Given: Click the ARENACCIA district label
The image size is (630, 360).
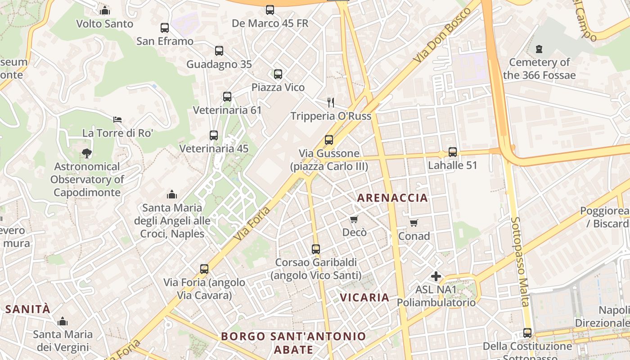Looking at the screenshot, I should click(392, 198).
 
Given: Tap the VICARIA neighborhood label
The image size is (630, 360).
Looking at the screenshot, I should click(364, 297).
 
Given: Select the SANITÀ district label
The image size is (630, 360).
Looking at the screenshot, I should click(28, 309).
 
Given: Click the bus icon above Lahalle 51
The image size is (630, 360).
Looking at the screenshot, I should click(453, 152).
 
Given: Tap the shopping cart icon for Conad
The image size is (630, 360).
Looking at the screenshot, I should click(414, 223).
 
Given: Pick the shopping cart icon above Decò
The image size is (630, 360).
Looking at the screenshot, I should click(354, 219).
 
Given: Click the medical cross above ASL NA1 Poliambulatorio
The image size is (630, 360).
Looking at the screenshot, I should click(436, 276).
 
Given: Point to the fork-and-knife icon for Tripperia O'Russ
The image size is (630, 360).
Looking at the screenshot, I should click(331, 103).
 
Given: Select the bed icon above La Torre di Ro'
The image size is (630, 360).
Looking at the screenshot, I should click(117, 120).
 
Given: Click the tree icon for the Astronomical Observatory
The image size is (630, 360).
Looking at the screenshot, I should click(87, 153).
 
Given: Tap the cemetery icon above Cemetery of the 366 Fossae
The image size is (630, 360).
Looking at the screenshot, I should click(539, 49).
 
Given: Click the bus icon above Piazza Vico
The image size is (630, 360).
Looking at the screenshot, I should click(278, 74).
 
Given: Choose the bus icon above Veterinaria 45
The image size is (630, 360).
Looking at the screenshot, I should click(214, 135).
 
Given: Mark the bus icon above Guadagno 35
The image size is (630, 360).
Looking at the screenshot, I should click(219, 51).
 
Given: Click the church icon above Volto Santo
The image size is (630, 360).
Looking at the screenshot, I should click(105, 10).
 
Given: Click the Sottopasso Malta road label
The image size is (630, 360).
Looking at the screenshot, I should click(519, 262).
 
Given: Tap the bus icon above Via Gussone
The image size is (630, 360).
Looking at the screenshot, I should click(329, 140).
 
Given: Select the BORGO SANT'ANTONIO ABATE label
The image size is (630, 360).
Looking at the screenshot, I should click(293, 342).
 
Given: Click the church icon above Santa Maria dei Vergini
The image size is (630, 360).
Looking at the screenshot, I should click(63, 321).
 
